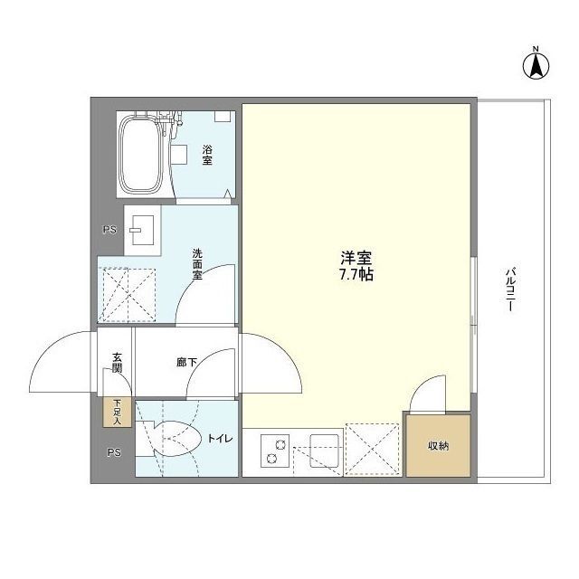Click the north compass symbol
click(535, 62)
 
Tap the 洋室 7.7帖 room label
click(354, 264)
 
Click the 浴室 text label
click(206, 155)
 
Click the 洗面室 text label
click(196, 263)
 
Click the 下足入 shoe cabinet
click(118, 413)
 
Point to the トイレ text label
click(220, 440)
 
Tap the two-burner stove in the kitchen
click(274, 450)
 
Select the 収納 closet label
click(438, 447)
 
